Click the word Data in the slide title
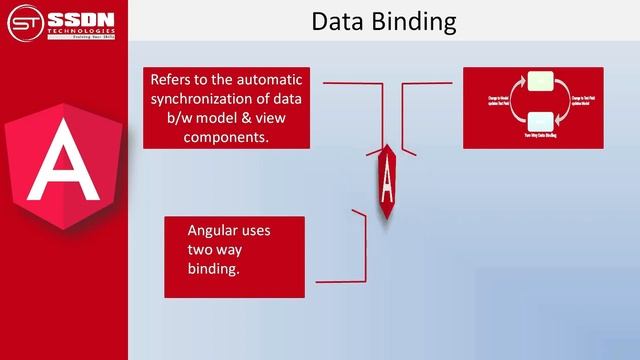(336, 21)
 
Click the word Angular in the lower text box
(216, 230)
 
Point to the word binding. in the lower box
(214, 269)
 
